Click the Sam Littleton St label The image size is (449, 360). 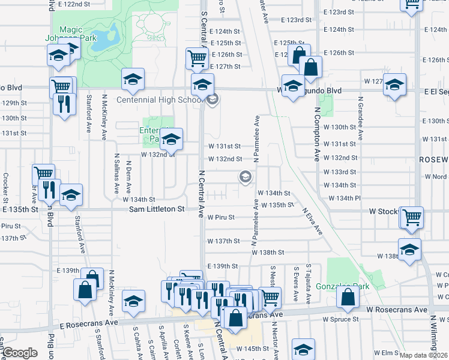pos(157,209)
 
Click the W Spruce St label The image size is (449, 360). pos(340,320)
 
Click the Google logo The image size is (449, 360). pos(20,353)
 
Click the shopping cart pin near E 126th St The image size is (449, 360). pos(197,58)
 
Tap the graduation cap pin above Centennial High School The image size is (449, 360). pos(203,83)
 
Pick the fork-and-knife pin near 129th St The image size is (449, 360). pos(62,103)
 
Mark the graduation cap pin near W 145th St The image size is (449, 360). pos(303,349)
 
